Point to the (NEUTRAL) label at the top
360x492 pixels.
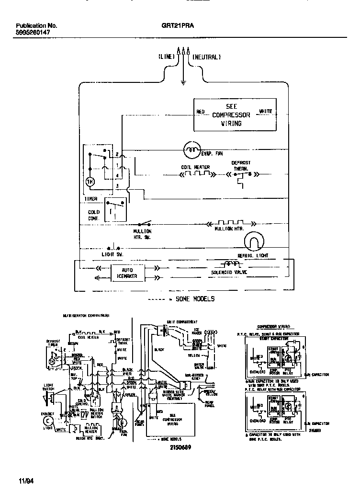[206, 57]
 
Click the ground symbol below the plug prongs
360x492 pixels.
[183, 82]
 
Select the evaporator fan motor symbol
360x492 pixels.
[192, 150]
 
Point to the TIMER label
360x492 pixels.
[91, 198]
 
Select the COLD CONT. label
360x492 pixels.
[94, 215]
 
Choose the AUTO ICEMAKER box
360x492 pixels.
[121, 273]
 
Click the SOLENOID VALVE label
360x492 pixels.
[232, 272]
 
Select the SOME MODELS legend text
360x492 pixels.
[195, 299]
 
